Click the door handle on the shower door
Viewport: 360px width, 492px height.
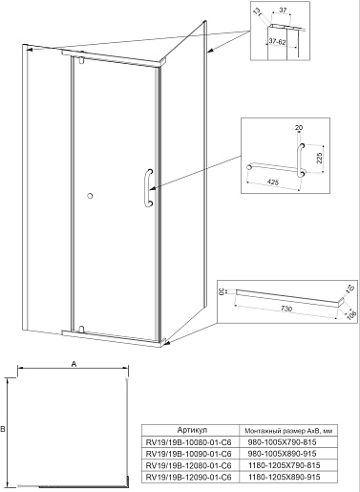(147, 188)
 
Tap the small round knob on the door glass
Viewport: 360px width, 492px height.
(90, 196)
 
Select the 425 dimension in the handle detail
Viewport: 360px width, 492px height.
(273, 182)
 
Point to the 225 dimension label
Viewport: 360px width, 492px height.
(320, 158)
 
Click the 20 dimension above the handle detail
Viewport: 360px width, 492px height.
(299, 128)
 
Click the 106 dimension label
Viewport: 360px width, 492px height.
(350, 314)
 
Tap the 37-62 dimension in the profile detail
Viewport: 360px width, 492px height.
(277, 41)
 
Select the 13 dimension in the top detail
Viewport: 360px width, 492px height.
(258, 11)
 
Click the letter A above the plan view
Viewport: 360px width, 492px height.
(74, 364)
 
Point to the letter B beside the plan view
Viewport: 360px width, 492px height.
(3, 429)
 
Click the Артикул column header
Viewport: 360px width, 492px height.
(192, 430)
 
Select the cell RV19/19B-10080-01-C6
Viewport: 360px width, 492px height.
(188, 442)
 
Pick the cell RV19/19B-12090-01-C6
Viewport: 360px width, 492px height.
(188, 477)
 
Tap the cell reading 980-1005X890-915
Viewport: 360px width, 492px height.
(283, 454)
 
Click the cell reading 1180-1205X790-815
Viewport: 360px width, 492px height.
(285, 465)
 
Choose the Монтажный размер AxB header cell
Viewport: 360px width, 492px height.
(288, 431)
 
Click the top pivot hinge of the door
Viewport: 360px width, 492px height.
(82, 58)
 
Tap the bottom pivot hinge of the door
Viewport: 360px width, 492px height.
(81, 330)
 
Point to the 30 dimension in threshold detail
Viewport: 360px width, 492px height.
(221, 291)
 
